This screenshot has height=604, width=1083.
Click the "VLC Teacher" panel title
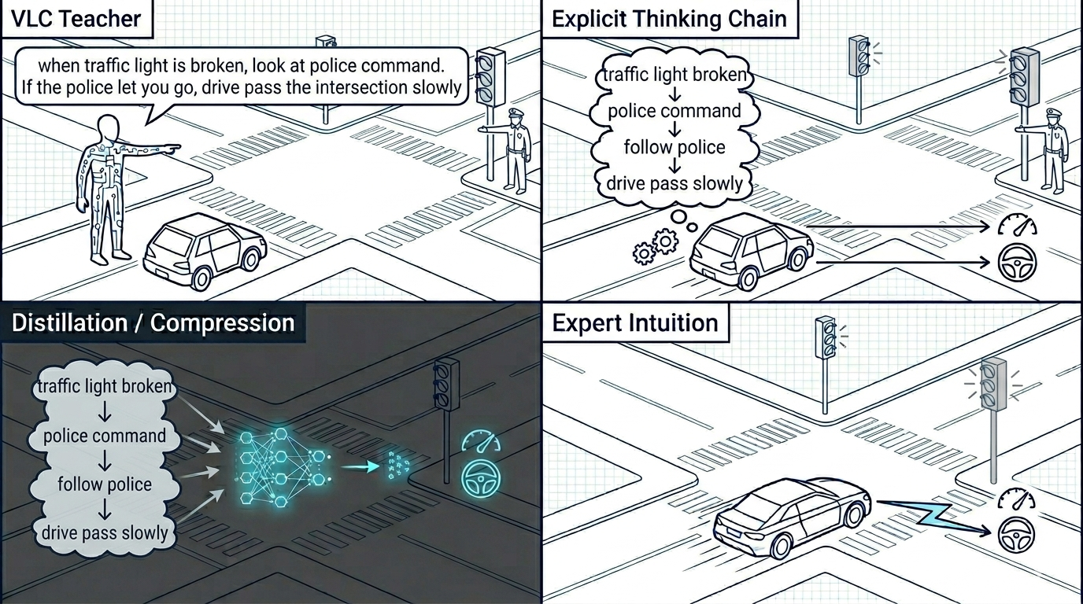76,19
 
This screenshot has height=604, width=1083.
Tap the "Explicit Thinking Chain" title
669,19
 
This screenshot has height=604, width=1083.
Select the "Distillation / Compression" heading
153,322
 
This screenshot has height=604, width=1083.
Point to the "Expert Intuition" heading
635,322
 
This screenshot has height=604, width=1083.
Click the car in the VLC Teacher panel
205,251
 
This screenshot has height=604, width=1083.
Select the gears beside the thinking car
656,246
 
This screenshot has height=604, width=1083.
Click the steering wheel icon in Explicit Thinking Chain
1017,263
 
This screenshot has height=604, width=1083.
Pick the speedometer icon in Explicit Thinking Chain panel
1017,225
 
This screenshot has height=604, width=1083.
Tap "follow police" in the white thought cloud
675,147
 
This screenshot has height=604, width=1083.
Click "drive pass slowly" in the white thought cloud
675,183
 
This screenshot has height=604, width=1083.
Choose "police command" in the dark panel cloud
105,436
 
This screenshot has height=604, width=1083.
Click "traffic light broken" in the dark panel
105,387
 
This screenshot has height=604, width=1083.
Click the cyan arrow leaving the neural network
360,466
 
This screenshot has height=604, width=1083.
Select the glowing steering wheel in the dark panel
481,479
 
